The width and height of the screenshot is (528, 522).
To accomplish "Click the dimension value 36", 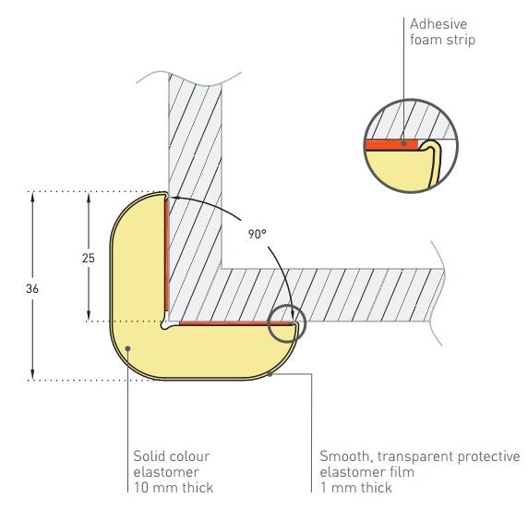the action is tap(32, 288).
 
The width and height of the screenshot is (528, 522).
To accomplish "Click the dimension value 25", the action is tap(89, 258).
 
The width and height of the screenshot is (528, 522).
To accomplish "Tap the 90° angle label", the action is tap(257, 234).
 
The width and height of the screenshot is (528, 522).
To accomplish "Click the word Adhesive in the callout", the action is tap(438, 24).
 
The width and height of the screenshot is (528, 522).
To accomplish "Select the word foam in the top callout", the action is tap(426, 40).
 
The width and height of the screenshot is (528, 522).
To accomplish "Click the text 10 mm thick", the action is tap(174, 488).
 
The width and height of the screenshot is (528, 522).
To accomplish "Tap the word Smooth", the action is tap(346, 456).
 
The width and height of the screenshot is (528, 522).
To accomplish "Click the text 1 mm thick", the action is tap(356, 488).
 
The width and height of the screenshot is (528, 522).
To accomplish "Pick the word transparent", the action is tap(415, 457).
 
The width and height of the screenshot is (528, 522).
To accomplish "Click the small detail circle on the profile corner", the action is tap(286, 323).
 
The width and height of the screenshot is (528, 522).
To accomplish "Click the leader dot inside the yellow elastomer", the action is tap(127, 348).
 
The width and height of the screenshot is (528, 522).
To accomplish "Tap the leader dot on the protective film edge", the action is tap(270, 374).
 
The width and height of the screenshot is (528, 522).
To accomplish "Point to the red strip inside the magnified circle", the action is tap(391, 145).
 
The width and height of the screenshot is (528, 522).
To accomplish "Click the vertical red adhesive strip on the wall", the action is tap(167, 255).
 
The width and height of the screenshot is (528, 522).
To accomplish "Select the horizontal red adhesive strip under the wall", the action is tap(234, 323).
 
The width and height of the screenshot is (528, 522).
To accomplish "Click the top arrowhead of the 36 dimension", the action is tap(32, 197).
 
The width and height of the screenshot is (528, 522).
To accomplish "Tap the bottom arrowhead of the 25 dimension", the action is tap(89, 315).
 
